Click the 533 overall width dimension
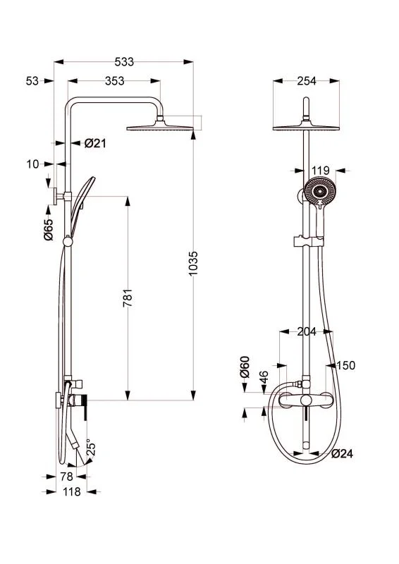[x=124, y=62]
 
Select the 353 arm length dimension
[x=114, y=81]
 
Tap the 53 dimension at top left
[x=32, y=81]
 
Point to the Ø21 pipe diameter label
[x=95, y=144]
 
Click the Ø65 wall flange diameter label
[x=48, y=230]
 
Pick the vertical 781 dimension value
[x=128, y=298]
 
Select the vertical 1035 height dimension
[x=193, y=264]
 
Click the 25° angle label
[x=91, y=448]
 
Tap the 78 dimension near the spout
[x=66, y=477]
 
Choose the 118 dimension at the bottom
[x=72, y=491]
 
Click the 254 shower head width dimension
[x=307, y=81]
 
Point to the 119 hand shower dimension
[x=320, y=170]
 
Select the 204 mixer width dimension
[x=307, y=331]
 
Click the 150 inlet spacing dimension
[x=346, y=365]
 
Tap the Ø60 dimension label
[x=245, y=367]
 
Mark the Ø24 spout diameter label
[x=342, y=453]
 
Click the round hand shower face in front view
[x=320, y=191]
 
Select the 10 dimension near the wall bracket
[x=32, y=164]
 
